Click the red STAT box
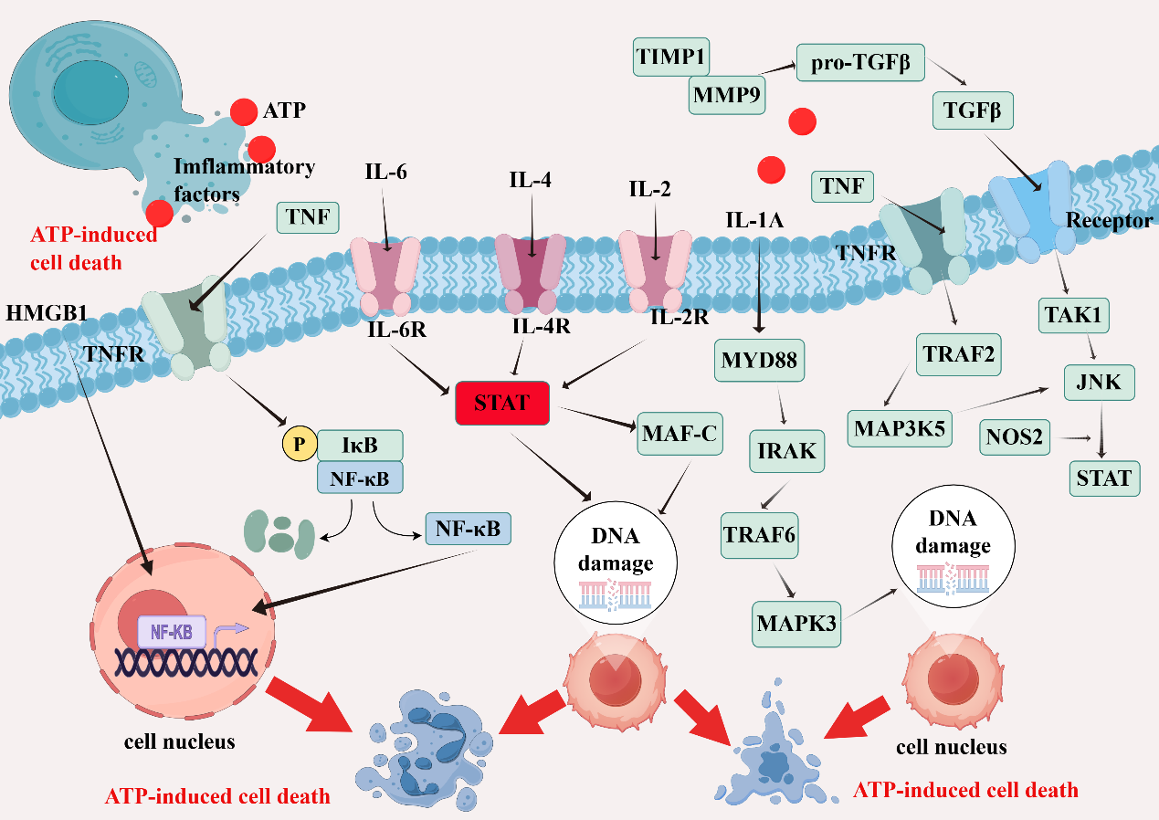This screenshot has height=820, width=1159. click(x=502, y=403)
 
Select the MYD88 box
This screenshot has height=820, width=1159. click(x=759, y=360)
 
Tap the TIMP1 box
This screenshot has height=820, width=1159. click(x=671, y=57)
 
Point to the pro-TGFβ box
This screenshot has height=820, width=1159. click(x=860, y=63)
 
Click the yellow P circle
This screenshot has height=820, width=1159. click(x=299, y=444)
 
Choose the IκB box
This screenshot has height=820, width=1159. click(x=360, y=446)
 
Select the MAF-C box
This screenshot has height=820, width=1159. click(x=680, y=434)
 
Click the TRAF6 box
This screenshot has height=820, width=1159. click(x=759, y=535)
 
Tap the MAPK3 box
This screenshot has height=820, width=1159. click(x=795, y=624)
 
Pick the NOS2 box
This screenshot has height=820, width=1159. click(x=1014, y=437)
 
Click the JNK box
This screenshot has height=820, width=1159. click(x=1099, y=383)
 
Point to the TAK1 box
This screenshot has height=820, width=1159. click(x=1073, y=315)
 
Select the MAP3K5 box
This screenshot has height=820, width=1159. click(x=900, y=429)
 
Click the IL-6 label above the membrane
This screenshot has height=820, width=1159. click(x=385, y=172)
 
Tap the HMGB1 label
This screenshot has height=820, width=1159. click(x=47, y=313)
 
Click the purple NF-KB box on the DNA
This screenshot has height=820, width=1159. click(x=172, y=632)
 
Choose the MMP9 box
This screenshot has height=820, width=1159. click(x=726, y=95)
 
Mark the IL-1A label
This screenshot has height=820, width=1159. click(x=754, y=220)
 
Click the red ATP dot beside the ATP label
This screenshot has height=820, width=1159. click(x=244, y=111)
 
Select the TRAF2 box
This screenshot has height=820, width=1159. click(x=958, y=355)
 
